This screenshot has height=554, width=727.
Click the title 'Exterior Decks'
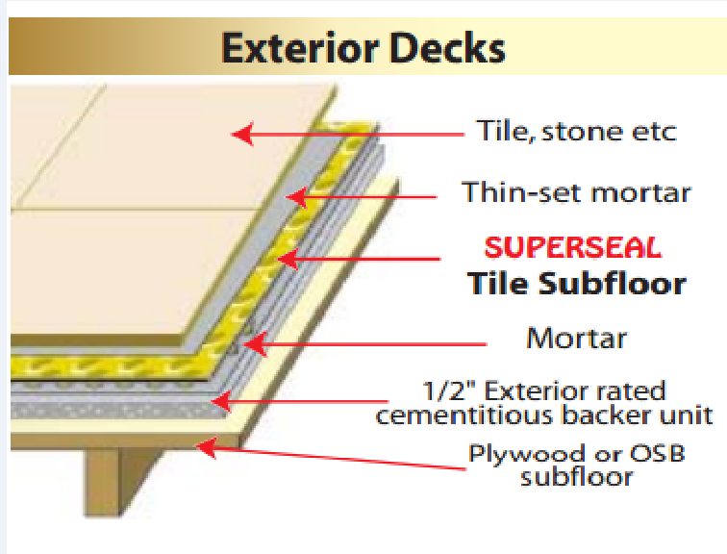(363, 48)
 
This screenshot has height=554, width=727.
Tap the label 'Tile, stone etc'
(576, 131)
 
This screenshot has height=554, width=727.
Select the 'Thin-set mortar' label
(576, 192)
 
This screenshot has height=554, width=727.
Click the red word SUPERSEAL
(572, 247)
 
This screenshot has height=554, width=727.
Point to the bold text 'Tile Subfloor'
(576, 284)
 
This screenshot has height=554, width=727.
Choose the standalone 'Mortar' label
(576, 338)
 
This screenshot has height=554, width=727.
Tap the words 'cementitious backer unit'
(544, 415)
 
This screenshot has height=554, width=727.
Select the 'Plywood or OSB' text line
(576, 452)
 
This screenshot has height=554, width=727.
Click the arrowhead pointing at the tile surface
(241, 134)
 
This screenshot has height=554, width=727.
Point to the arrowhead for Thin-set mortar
(297, 197)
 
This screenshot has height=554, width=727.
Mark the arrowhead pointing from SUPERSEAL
(288, 259)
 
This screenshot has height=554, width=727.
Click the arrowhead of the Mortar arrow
(255, 344)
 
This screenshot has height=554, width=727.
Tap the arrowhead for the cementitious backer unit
(221, 401)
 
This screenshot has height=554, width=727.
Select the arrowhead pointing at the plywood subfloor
(206, 447)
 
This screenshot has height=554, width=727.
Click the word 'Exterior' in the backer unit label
(530, 390)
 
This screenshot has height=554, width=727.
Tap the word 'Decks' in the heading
(446, 48)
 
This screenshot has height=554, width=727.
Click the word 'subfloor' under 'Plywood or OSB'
(576, 477)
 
